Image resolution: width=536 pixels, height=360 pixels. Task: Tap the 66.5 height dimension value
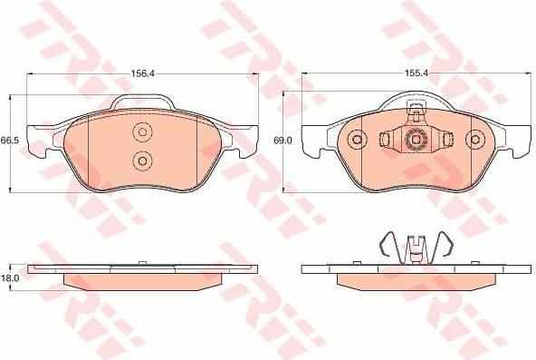click(x=9, y=141)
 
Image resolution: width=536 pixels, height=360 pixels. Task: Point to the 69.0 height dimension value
click(x=282, y=141)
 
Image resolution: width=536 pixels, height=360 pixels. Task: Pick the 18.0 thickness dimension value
click(x=9, y=279)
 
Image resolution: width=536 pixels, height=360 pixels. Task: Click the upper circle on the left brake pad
click(x=141, y=134)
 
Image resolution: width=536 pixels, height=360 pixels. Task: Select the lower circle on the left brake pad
click(x=141, y=161)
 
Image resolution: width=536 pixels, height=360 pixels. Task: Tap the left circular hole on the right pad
click(x=358, y=140)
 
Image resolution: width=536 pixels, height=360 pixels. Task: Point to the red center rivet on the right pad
click(x=416, y=140)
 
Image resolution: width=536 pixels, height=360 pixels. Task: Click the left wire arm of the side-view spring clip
click(x=387, y=247)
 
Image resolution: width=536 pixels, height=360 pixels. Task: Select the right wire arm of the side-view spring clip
click(x=445, y=247)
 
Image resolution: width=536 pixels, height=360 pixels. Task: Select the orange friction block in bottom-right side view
click(x=416, y=279)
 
